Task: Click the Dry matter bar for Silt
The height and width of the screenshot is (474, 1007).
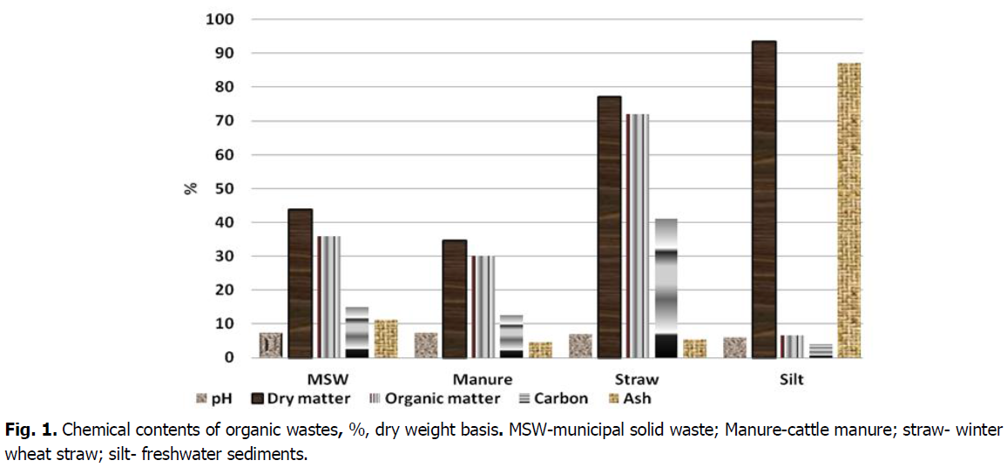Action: [x=764, y=200]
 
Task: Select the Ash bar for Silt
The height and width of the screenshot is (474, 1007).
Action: [x=848, y=210]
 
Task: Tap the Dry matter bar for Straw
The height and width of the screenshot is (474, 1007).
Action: [x=609, y=227]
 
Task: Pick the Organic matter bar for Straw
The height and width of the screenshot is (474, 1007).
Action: [x=636, y=235]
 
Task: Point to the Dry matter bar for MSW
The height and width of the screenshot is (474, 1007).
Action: [x=300, y=283]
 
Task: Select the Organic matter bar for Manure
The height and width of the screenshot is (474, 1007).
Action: [x=482, y=307]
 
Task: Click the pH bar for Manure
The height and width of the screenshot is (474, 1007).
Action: [x=425, y=345]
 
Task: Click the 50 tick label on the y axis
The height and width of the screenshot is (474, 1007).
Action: [x=224, y=188]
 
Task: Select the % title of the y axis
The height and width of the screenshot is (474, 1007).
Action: [x=192, y=188]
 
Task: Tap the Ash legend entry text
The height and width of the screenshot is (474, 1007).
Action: [x=636, y=398]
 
